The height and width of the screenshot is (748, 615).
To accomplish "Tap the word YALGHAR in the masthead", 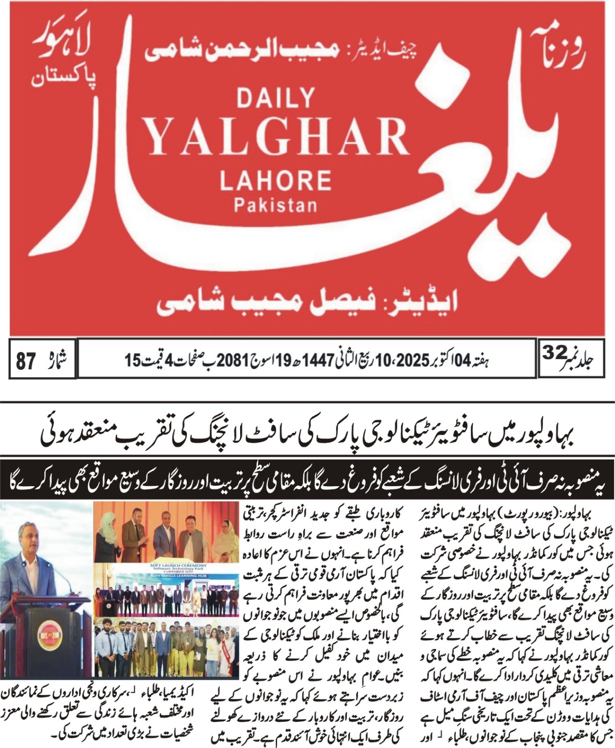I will click(x=277, y=136).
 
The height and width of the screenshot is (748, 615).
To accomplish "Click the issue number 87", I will click(x=26, y=361).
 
